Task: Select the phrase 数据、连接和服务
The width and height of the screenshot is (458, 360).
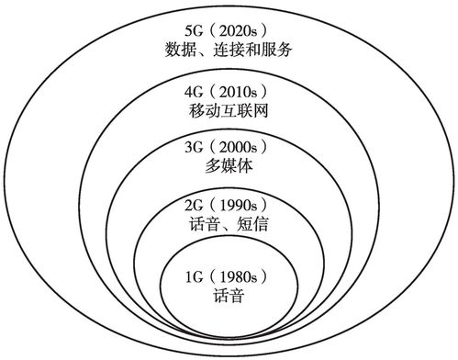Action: pyautogui.click(x=228, y=50)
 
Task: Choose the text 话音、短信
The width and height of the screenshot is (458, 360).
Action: pyautogui.click(x=227, y=223)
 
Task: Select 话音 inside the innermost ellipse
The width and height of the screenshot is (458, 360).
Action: pyautogui.click(x=227, y=297)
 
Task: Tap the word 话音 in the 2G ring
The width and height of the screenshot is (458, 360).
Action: pyautogui.click(x=202, y=223)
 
